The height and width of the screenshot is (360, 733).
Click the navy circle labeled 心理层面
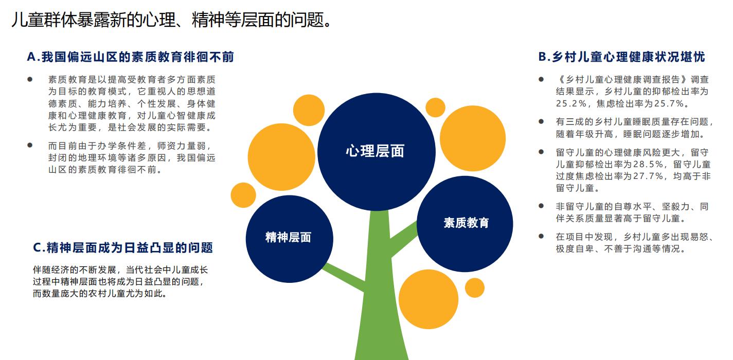tap(377, 152)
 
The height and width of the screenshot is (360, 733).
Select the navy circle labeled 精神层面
tap(289, 239)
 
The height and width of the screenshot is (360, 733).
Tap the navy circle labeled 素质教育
tap(464, 224)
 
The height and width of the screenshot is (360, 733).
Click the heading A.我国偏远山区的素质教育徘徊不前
tap(131, 57)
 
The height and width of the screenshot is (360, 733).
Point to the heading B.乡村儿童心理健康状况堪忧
tap(622, 57)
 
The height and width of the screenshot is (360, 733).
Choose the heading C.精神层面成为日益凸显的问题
tap(123, 248)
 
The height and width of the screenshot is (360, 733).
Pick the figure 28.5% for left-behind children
tap(648, 164)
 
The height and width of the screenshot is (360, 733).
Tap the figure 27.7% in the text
tap(648, 176)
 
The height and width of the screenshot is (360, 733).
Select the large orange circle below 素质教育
tap(428, 299)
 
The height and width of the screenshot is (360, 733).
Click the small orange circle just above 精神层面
tap(243, 195)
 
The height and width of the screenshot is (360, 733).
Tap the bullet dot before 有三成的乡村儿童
tap(541, 121)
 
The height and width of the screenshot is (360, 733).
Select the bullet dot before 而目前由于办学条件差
tap(30, 145)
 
